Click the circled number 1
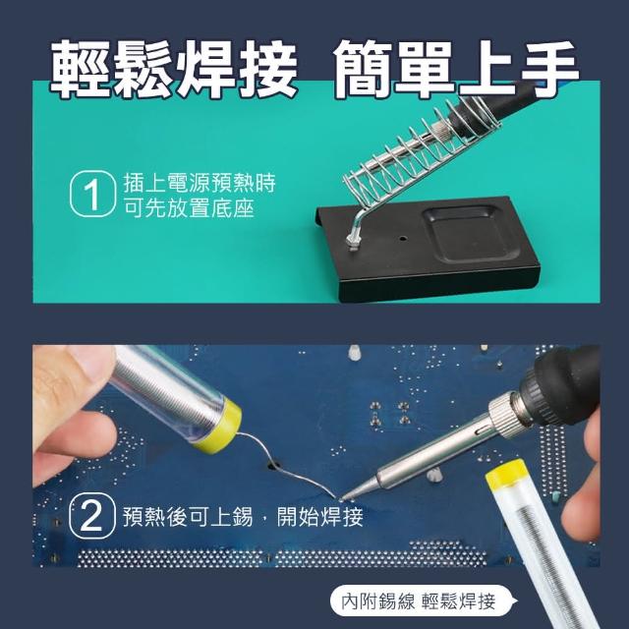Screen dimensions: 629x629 click(93, 194)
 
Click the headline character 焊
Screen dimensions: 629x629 click(205, 70)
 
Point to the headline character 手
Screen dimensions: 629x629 click(548, 69)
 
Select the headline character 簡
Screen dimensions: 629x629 click(364, 70)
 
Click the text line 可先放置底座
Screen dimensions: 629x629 click(189, 209)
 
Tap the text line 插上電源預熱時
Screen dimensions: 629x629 click(200, 184)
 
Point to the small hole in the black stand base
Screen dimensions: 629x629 click(402, 238)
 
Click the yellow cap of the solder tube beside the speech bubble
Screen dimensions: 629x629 click(506, 476)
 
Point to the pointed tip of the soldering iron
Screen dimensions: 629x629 click(341, 499)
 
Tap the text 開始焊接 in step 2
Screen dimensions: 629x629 click(319, 516)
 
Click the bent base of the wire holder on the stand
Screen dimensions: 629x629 click(356, 229)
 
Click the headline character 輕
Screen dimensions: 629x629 click(82, 70)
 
